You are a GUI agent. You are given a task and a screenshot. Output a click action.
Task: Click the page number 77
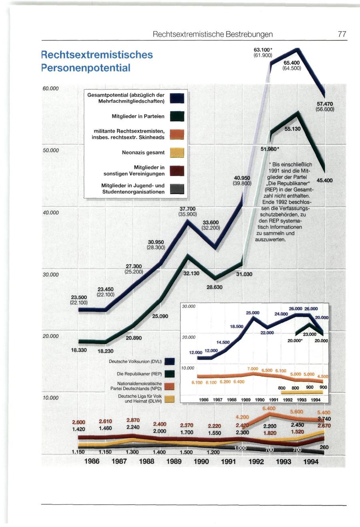coord(342,34)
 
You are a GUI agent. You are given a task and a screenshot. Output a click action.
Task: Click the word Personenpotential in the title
coord(86,68)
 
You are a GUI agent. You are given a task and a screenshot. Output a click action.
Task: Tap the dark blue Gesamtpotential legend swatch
coord(176,98)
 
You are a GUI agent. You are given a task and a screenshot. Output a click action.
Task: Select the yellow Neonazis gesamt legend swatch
coord(176,152)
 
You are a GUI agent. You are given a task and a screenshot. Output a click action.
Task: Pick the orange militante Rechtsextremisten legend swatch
coord(176,134)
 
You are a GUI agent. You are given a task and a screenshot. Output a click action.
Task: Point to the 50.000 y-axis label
coord(51,150)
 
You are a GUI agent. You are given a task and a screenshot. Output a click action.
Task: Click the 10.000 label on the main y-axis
coord(51,397)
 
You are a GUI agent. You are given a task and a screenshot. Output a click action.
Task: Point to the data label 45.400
coord(324,180)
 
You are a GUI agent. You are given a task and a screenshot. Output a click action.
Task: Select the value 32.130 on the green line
coord(191,274)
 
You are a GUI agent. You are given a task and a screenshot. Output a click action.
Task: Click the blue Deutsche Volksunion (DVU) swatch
coord(170,361)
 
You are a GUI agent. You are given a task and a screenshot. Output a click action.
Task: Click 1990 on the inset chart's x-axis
coord(260,399)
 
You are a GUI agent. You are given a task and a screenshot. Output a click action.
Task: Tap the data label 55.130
coord(293,130)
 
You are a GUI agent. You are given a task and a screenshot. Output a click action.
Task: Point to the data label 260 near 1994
coord(324,447)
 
